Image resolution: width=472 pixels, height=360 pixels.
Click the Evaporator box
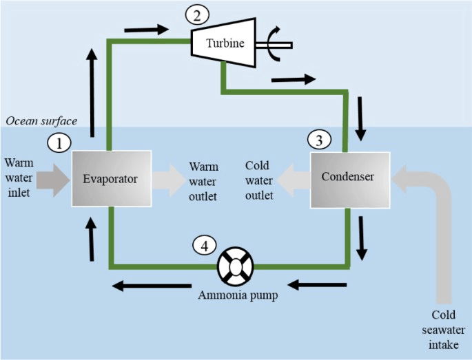pyautogui.click(x=111, y=178)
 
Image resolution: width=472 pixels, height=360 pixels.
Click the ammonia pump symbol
pyautogui.click(x=236, y=266)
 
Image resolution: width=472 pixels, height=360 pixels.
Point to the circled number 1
pyautogui.click(x=59, y=142)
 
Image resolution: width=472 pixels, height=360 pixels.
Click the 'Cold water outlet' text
pyautogui.click(x=260, y=181)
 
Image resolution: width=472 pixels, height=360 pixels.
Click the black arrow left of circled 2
pyautogui.click(x=147, y=30)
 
